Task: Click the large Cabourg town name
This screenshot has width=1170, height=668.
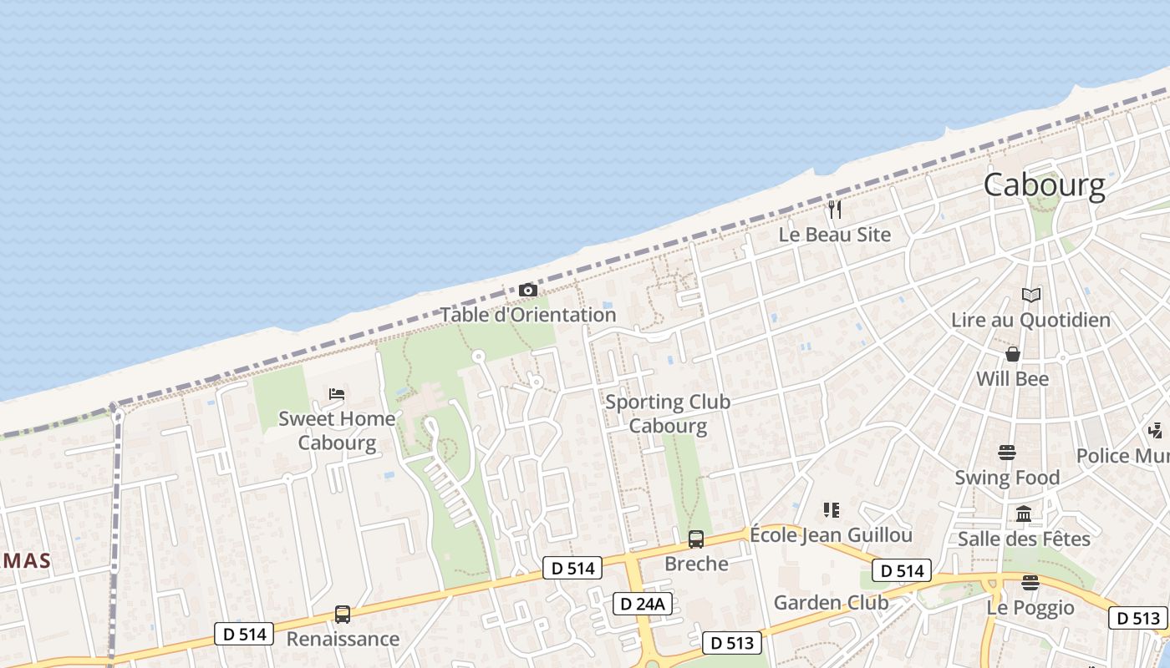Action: point(1044,185)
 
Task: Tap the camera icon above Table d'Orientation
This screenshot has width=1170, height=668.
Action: point(528,290)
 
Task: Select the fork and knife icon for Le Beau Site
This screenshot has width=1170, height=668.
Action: point(835,209)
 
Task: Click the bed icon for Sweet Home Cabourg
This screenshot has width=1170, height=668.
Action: point(337,393)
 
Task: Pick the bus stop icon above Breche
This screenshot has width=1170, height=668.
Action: point(696,539)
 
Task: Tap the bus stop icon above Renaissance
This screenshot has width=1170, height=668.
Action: point(343,614)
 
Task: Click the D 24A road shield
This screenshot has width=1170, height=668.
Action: point(643,604)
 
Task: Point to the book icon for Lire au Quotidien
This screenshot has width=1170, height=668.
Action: point(1031,295)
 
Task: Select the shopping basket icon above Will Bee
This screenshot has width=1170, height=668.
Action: point(1013,354)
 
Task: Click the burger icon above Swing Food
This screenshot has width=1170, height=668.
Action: point(1007,453)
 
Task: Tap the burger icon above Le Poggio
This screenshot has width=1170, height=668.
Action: point(1030,582)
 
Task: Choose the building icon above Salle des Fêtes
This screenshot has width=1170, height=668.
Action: point(1024,514)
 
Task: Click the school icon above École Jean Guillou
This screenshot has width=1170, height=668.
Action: point(831,509)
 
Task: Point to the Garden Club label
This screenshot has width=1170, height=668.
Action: point(831,602)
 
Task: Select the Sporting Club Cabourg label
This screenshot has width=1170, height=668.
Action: point(668,413)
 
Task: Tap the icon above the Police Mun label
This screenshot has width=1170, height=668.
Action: point(1156,431)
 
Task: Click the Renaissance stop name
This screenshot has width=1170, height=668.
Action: point(343,639)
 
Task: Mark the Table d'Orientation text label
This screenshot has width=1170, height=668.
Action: point(528,315)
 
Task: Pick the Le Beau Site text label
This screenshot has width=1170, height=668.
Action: point(835,235)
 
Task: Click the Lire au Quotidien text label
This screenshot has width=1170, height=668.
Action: point(1031,320)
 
